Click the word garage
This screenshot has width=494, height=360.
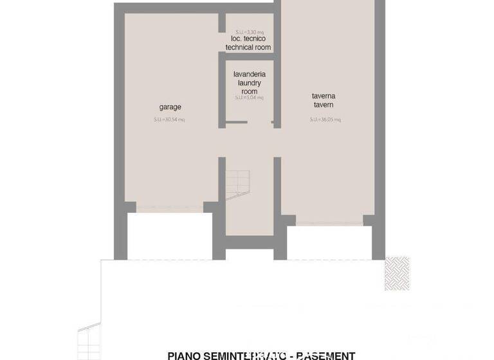[x=170, y=107]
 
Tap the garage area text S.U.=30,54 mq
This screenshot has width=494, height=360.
[x=169, y=120]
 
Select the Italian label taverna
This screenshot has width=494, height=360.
[x=324, y=96]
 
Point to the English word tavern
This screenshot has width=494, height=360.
[x=324, y=105]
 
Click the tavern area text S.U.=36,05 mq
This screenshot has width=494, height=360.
[x=325, y=120]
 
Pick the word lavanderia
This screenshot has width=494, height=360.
[x=249, y=75]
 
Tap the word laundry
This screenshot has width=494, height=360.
[x=249, y=83]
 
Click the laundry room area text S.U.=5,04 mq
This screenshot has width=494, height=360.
[x=249, y=98]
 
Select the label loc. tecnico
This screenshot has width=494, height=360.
[x=248, y=39]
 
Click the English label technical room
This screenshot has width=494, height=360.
[x=248, y=48]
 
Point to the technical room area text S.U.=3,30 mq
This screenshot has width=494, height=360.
[x=249, y=31]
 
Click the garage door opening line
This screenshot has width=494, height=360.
[x=170, y=207]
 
